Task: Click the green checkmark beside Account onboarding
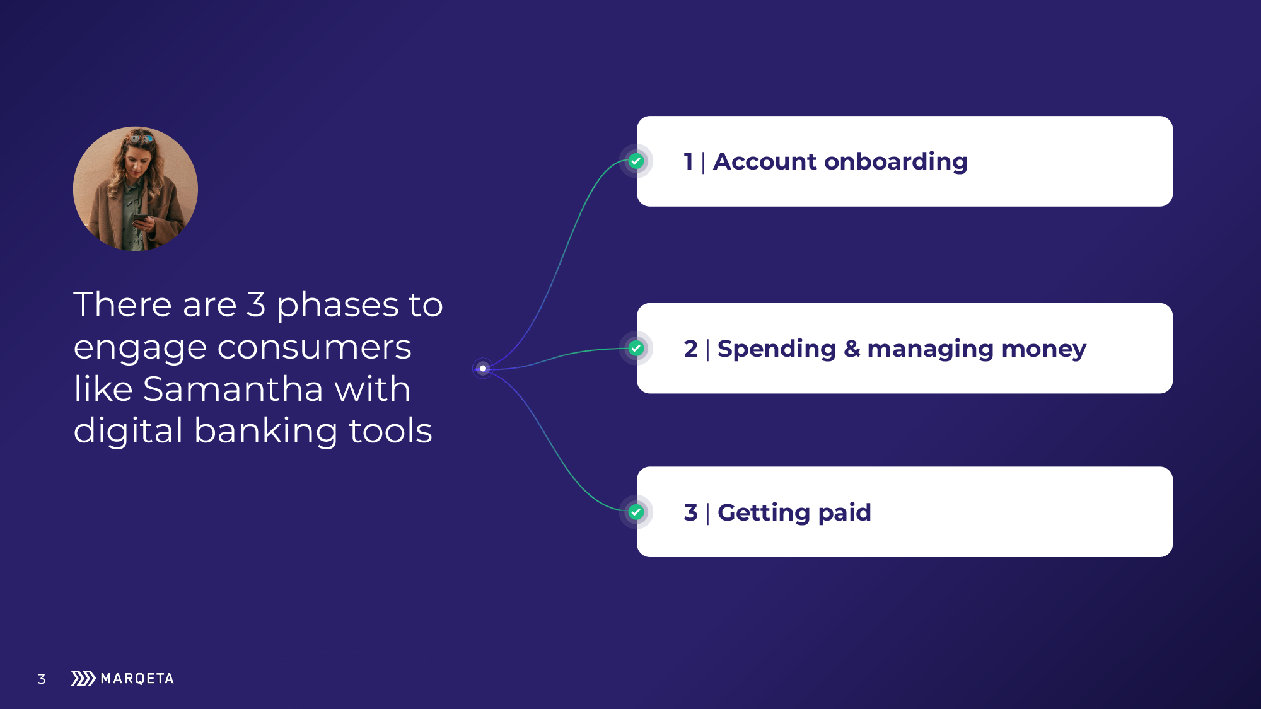[636, 161]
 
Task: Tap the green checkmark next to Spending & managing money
[636, 349]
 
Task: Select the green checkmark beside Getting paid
[636, 512]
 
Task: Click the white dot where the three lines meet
[483, 369]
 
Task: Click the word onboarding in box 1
[896, 163]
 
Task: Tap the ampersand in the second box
[852, 349]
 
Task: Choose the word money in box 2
[1043, 350]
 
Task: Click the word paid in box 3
[844, 513]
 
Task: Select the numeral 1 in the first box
[689, 161]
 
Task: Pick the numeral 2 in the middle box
[691, 349]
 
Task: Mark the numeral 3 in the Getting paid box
[691, 512]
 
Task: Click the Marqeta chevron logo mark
[83, 678]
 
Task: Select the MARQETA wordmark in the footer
[137, 679]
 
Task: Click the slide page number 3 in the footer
[42, 679]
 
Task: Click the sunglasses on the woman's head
[140, 138]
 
